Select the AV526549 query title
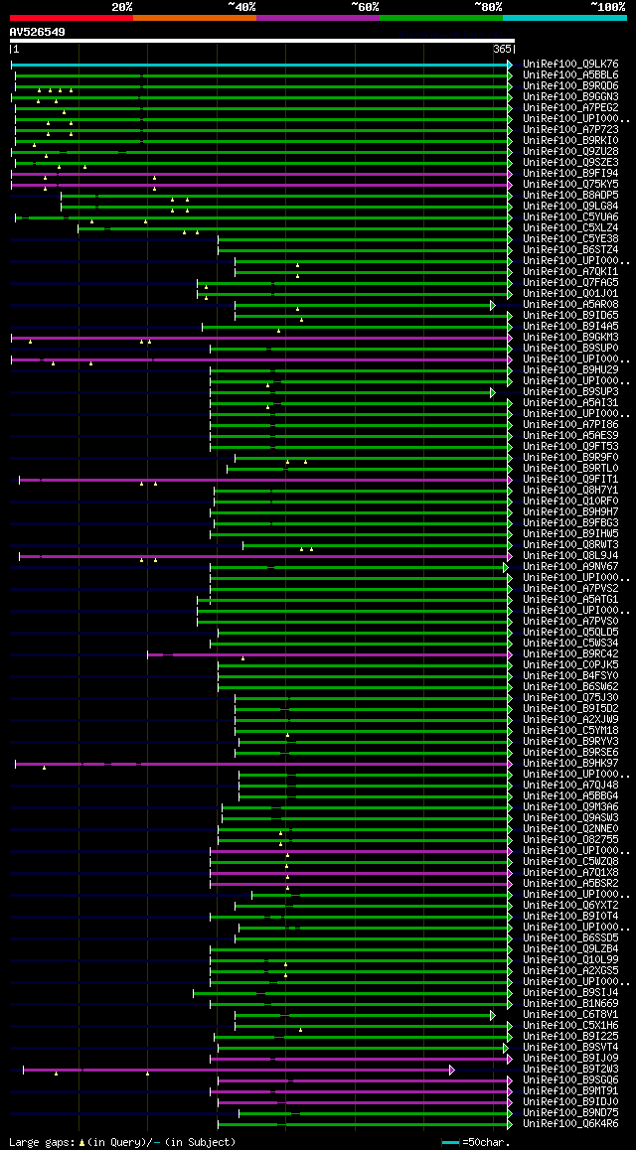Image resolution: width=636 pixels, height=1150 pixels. coord(38,32)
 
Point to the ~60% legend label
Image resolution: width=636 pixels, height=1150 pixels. coord(365,7)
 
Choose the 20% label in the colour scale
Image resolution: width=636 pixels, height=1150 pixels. coord(122,7)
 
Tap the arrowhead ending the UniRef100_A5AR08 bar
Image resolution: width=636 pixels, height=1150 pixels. coord(492,305)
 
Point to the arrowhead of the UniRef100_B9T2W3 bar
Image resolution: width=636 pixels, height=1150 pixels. coord(451,1070)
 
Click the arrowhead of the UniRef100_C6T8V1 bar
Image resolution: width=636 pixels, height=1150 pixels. coord(492,1015)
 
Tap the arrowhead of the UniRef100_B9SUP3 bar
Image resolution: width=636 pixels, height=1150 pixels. coord(492,392)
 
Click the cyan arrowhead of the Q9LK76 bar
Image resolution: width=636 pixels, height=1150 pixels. coord(510,65)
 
